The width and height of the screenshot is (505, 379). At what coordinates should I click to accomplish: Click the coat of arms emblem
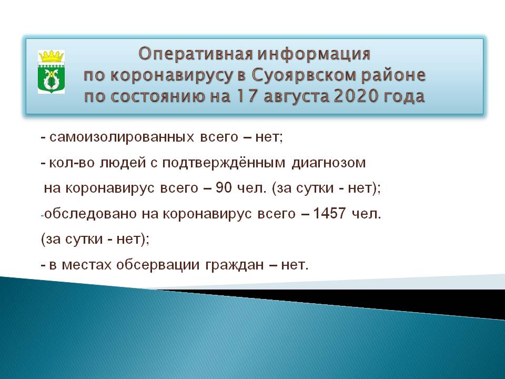coord(51,72)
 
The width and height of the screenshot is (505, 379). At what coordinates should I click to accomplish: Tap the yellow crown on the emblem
coord(51,56)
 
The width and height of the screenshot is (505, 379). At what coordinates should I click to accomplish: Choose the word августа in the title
coord(296,97)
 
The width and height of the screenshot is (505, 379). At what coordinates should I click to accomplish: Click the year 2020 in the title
coord(355,96)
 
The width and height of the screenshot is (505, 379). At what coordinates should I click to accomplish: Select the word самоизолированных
coord(122,137)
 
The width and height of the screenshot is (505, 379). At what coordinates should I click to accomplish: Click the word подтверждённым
coord(224,162)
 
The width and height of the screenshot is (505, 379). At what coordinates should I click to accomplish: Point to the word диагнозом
coord(328,163)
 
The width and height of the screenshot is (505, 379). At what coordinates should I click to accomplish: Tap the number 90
coord(224,187)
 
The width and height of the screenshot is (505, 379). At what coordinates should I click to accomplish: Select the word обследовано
coord(90,213)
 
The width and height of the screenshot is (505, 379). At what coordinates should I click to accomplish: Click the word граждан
coord(235,265)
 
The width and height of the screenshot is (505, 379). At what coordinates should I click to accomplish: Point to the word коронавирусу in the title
coord(171,76)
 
